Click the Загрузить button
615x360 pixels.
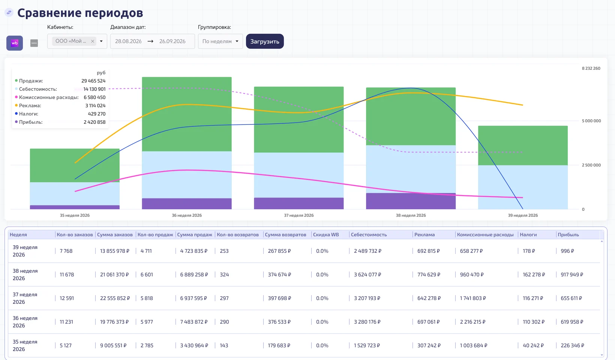[265, 41]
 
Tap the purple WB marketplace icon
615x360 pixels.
[15, 43]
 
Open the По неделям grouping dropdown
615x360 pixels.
[220, 41]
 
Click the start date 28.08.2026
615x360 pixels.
[128, 41]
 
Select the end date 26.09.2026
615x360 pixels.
[172, 41]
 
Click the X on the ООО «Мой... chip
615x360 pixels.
[93, 41]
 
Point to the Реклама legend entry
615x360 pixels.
[30, 105]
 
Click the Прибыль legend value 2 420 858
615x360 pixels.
[94, 122]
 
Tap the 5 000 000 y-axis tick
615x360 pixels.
[591, 121]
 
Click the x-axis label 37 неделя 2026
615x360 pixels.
[299, 215]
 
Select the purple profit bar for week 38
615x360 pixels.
[411, 201]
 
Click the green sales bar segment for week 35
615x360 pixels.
[75, 165]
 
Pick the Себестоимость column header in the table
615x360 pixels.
[369, 234]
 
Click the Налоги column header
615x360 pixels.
[528, 234]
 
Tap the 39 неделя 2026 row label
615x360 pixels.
[25, 251]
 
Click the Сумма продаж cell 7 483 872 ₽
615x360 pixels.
[194, 322]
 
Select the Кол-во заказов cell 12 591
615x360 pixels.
[67, 298]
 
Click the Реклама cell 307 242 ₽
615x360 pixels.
[429, 345]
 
